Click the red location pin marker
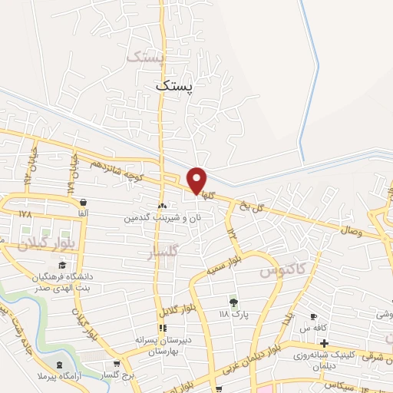[x=197, y=180]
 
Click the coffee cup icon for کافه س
[x=313, y=317]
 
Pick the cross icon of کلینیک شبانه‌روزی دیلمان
[x=325, y=343]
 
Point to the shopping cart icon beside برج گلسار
[x=116, y=364]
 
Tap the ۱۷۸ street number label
[x=25, y=213]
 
